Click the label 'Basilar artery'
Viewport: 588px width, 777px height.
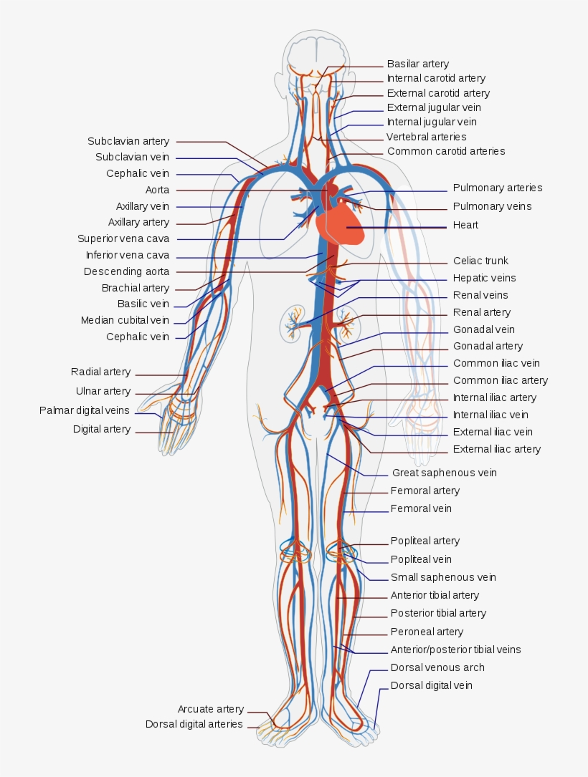[417, 64]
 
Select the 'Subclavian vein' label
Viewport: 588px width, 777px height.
[132, 157]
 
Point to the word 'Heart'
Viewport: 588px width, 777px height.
[465, 225]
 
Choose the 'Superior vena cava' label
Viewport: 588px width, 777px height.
[123, 238]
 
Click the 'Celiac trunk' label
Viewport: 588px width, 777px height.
[480, 261]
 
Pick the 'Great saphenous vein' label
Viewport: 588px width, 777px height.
[444, 473]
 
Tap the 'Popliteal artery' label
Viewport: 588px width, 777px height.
[425, 541]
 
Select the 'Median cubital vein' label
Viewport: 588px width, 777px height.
[125, 320]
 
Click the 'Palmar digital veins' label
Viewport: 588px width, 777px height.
[85, 410]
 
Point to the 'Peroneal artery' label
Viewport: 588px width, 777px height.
[427, 632]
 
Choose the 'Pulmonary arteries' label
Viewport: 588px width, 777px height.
[497, 188]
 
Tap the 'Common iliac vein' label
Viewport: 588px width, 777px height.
[496, 363]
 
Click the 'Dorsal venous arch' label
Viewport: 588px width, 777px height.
[437, 667]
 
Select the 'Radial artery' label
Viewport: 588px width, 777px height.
[100, 372]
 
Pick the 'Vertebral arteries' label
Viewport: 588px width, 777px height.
[426, 136]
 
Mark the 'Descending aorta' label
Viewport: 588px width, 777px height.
[126, 271]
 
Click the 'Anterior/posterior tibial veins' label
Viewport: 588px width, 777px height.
[455, 650]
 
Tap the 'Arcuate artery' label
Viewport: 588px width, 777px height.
[211, 709]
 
